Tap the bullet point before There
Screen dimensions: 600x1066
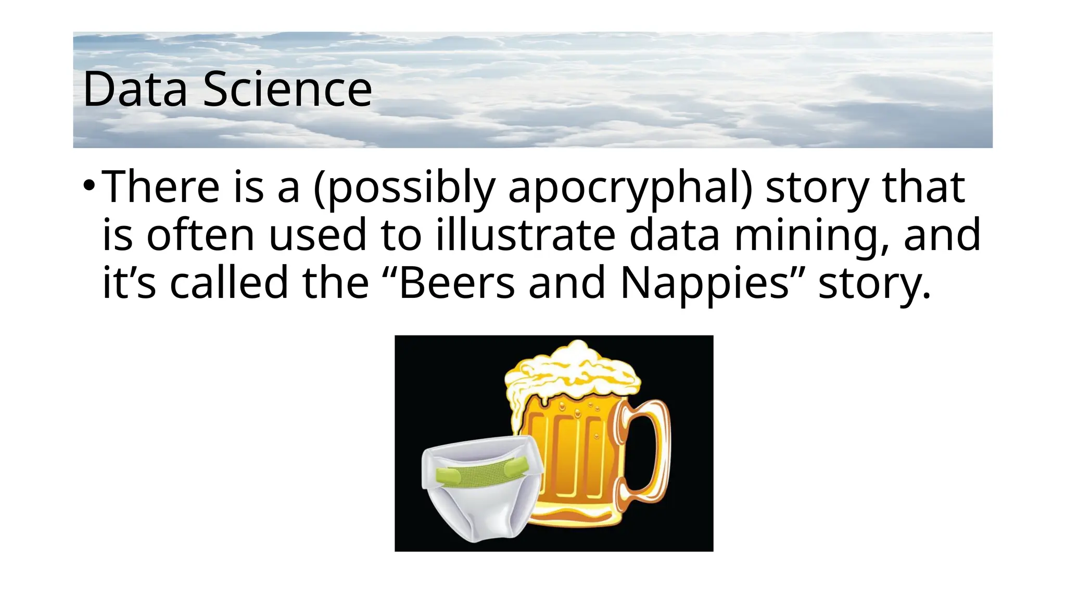click(89, 185)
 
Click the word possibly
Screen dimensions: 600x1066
click(404, 187)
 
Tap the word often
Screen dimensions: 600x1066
click(200, 235)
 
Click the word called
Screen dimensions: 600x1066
click(229, 283)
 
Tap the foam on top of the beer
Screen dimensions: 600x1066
click(573, 370)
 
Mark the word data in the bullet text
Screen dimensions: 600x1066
click(674, 235)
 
